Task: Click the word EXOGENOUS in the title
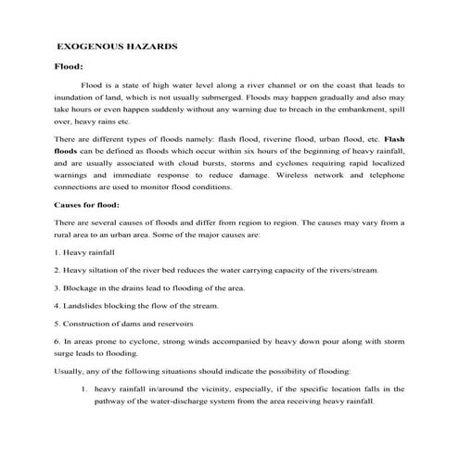[89, 45]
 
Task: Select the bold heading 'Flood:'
[70, 67]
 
